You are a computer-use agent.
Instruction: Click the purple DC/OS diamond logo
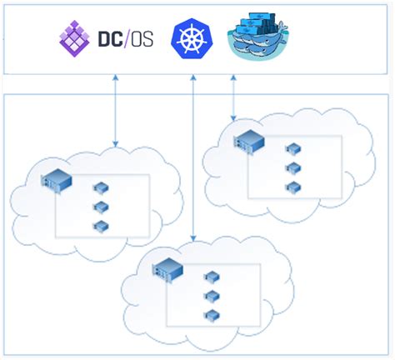click(73, 38)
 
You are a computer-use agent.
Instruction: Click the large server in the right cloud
click(247, 142)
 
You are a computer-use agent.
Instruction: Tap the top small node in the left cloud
click(101, 188)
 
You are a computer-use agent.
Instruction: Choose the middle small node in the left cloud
click(101, 207)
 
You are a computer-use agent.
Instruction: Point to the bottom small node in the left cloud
click(101, 226)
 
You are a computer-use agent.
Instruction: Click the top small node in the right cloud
click(292, 150)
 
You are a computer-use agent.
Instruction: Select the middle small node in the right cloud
click(292, 168)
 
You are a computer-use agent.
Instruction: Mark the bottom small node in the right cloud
click(292, 187)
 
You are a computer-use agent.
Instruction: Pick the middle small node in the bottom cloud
click(212, 296)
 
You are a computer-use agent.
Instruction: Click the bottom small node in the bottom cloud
click(212, 315)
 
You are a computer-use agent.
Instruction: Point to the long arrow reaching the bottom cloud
click(193, 158)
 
